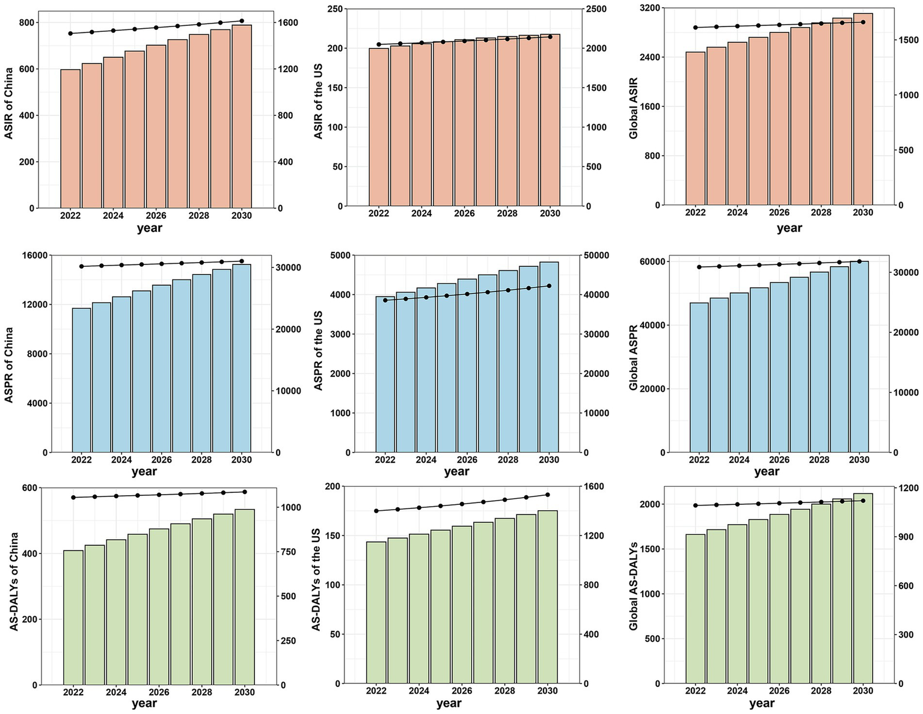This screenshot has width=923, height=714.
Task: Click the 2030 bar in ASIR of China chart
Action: coord(242,117)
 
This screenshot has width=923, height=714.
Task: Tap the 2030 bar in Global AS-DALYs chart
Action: coord(863,588)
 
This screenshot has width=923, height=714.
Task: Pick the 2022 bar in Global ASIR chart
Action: coord(696,129)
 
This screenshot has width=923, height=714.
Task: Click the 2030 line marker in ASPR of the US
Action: coord(548,286)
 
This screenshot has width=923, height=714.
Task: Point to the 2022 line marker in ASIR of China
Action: coord(70,34)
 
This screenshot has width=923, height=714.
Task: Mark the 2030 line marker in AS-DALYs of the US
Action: coord(548,495)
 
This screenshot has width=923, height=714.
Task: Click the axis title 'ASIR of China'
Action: coord(9,103)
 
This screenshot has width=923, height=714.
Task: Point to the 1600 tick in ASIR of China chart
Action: coord(288,23)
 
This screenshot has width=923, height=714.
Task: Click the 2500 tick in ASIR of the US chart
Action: coord(596,10)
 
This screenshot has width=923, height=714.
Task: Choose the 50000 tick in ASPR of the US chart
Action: coord(599,255)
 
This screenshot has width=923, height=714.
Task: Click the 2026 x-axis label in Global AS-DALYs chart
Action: coord(779,691)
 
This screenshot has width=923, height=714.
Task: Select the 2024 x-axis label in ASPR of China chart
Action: coord(121,460)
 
